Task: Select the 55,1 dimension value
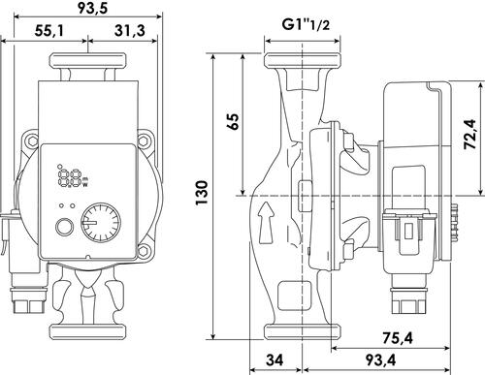[x=49, y=31]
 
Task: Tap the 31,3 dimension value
[x=130, y=31]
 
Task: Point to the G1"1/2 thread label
[x=306, y=25]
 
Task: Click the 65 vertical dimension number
[x=234, y=121]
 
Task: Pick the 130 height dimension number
[x=202, y=193]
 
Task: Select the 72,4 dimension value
[x=469, y=134]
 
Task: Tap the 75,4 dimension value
[x=398, y=338]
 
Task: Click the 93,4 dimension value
[x=380, y=359]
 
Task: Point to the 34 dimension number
[x=275, y=359]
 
